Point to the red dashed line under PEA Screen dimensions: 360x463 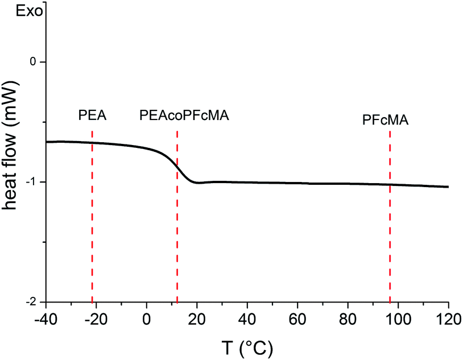[92, 216]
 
